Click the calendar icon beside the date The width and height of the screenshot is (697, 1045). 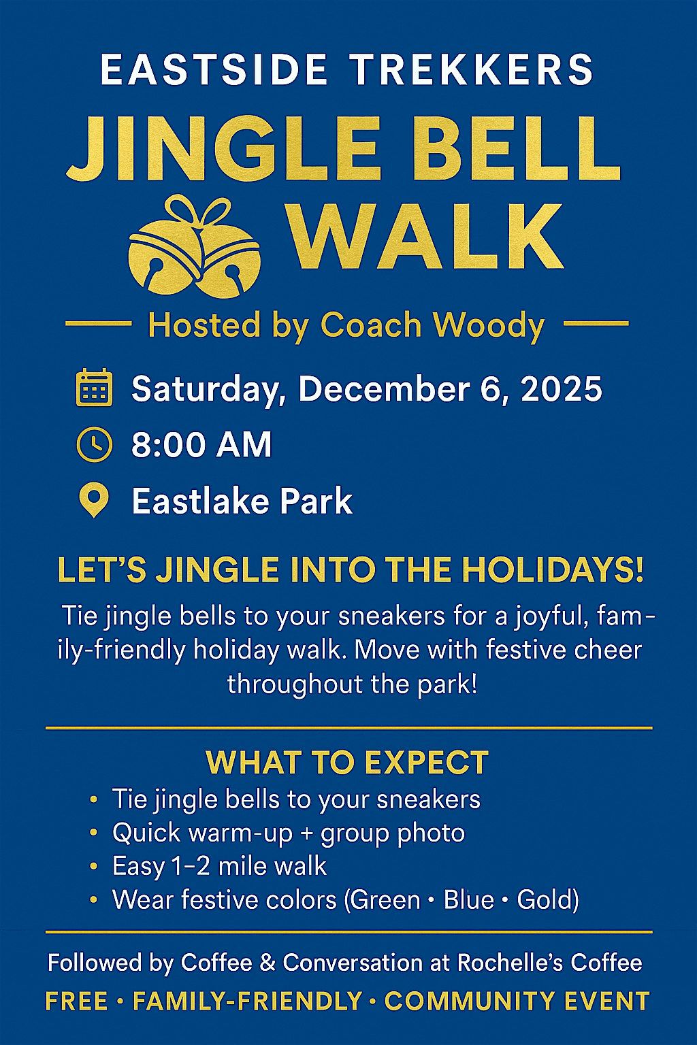point(93,388)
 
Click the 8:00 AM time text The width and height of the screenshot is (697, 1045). point(201,446)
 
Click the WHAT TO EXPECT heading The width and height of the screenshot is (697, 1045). point(347,762)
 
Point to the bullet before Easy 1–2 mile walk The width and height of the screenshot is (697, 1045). point(94,867)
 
